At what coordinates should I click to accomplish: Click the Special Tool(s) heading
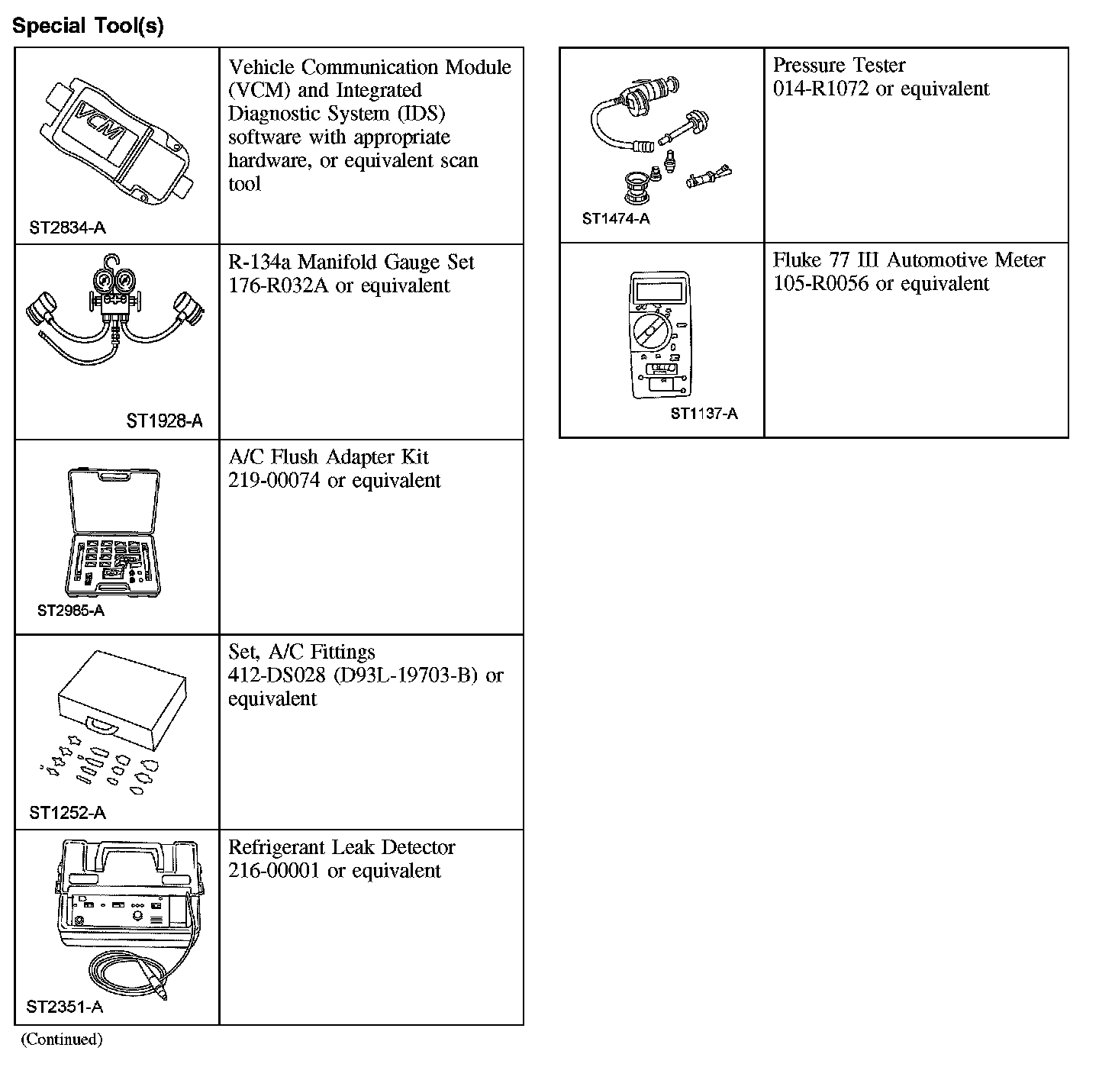tap(89, 26)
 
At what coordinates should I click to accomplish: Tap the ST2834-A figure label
tap(67, 227)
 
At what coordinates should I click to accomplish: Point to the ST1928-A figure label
tap(165, 421)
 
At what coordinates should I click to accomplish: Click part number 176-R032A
tap(278, 286)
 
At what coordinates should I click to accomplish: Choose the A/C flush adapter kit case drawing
tap(114, 531)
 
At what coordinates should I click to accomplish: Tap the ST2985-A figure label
tap(70, 611)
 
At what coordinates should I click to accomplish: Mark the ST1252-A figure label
tap(67, 814)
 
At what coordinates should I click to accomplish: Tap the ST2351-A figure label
tap(64, 1007)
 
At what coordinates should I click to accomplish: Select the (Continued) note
tap(61, 1040)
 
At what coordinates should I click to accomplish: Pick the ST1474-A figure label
tap(616, 219)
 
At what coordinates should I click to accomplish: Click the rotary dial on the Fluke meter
tap(650, 333)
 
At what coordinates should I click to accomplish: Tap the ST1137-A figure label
tap(704, 414)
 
